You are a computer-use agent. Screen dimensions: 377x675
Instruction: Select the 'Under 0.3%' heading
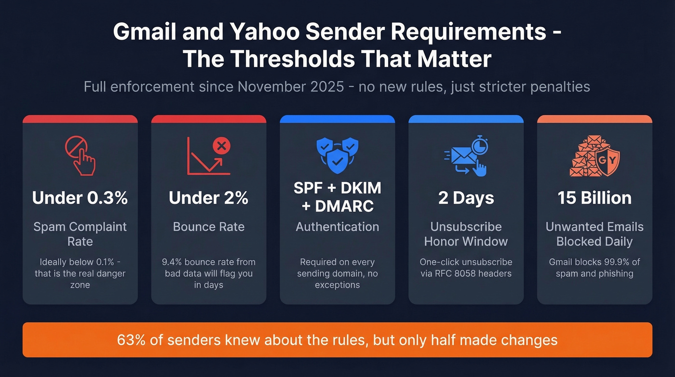coord(80,198)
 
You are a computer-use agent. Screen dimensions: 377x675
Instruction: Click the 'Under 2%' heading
coord(208,198)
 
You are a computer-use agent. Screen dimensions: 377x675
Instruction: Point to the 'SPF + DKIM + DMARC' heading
coord(337,197)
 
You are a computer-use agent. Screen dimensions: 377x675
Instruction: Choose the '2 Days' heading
coord(466,198)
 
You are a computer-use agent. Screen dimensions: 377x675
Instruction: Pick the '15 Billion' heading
coord(594,198)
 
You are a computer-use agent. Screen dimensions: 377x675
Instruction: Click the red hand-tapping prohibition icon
coord(80,155)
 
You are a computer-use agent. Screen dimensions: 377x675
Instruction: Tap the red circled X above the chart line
coord(221,145)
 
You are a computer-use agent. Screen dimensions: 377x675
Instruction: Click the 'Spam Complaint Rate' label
coord(80,234)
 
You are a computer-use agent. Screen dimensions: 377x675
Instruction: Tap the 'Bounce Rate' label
coord(208,227)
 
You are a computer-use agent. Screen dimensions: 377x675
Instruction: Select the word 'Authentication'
coord(337,227)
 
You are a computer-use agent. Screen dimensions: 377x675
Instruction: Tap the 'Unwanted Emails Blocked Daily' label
coord(594,234)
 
